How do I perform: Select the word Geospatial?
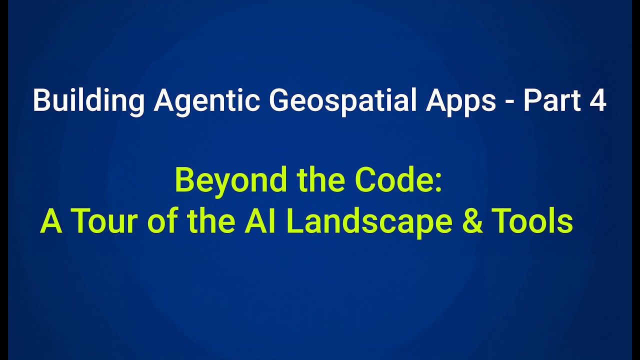point(343,101)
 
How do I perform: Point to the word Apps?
point(460,101)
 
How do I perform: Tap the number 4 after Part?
point(597,101)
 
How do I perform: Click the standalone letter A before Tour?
point(51,221)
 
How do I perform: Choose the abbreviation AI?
point(256,221)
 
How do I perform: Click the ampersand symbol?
point(472,221)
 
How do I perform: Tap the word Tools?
point(532,221)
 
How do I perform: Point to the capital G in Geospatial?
point(279,101)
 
